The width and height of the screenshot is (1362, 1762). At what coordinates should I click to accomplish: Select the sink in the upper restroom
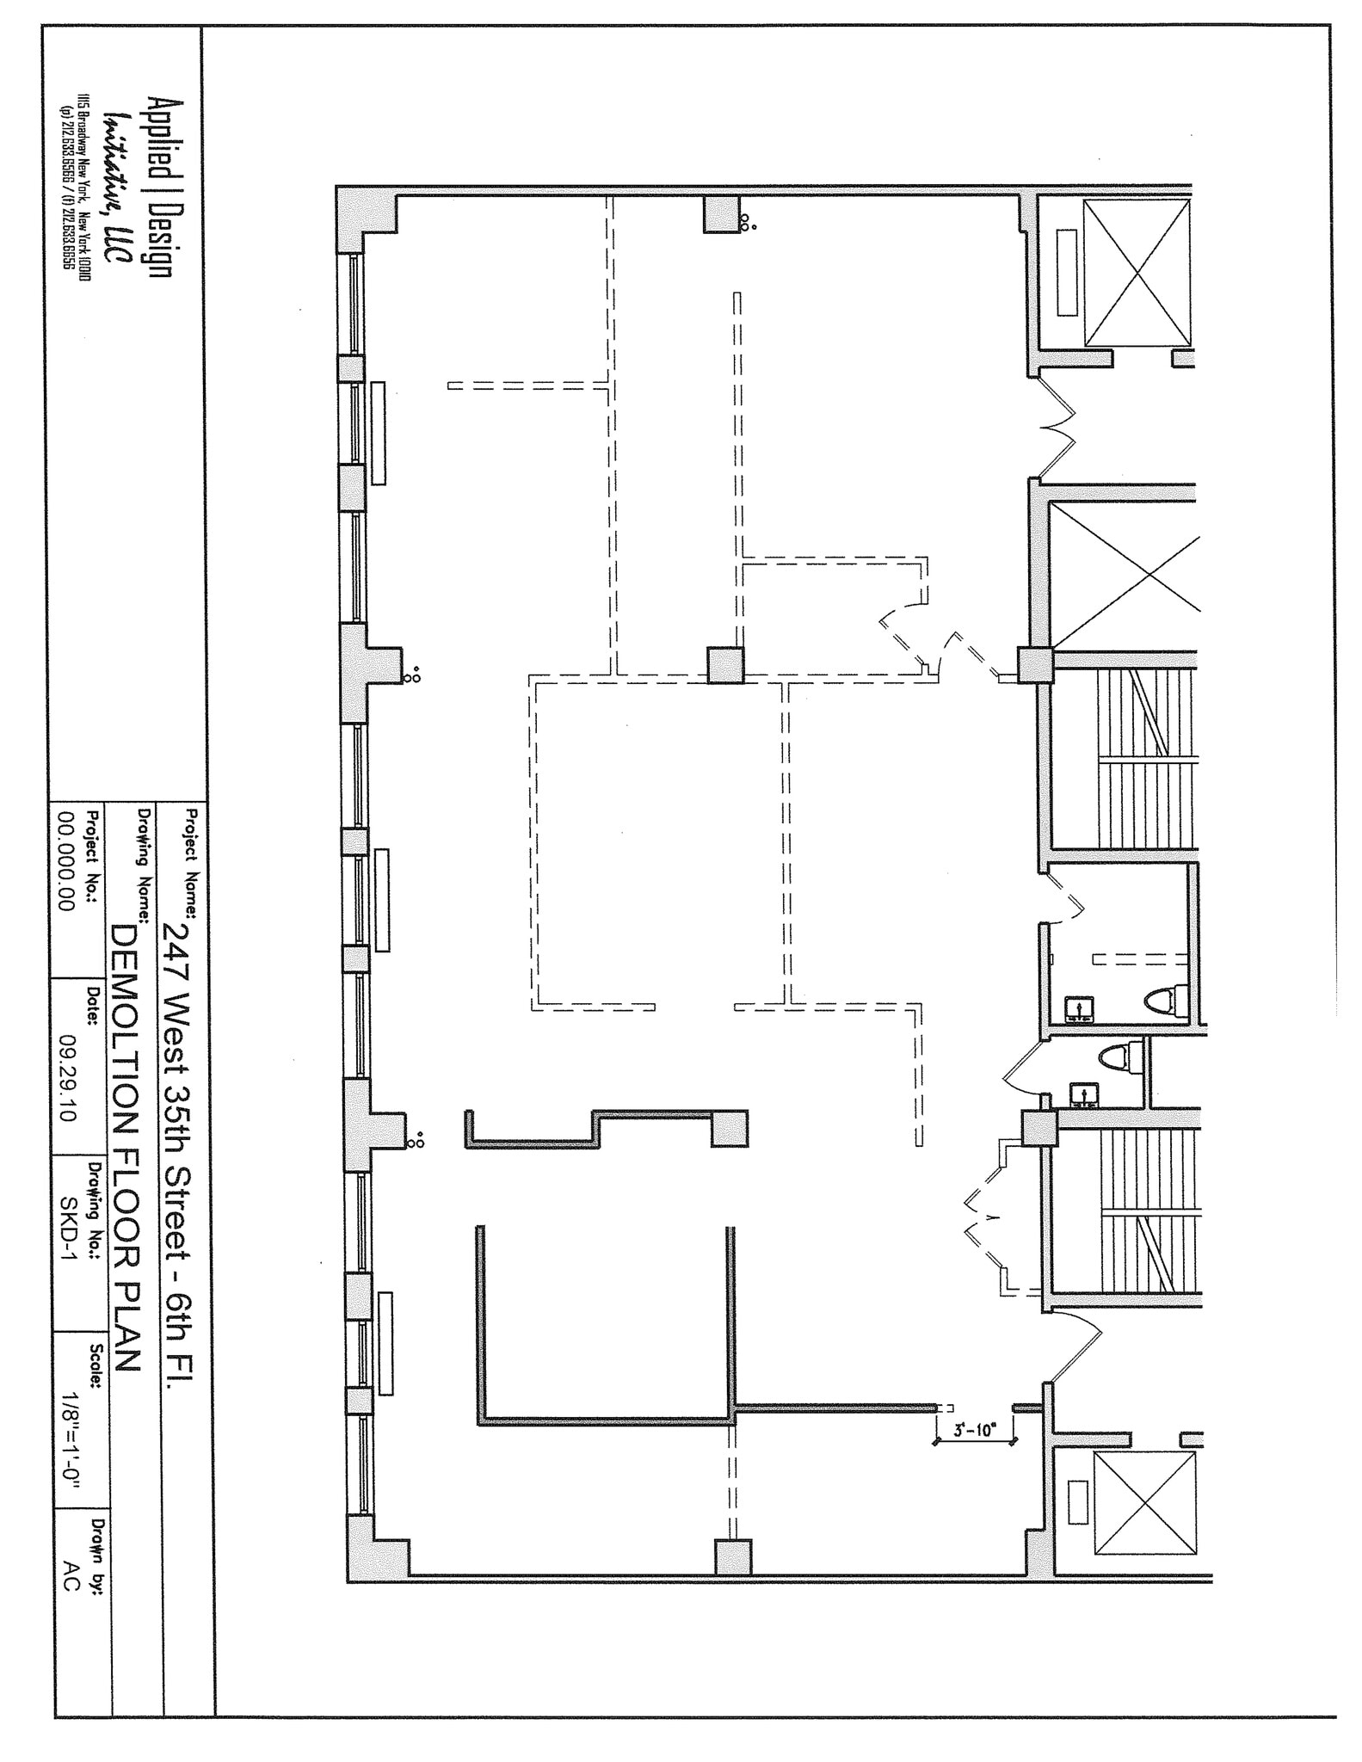[x=1076, y=1007]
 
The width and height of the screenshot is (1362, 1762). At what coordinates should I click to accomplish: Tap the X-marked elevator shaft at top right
[x=1137, y=273]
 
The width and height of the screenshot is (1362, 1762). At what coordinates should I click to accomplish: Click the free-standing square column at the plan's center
[x=725, y=665]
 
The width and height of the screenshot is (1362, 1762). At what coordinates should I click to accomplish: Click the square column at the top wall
[x=721, y=214]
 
